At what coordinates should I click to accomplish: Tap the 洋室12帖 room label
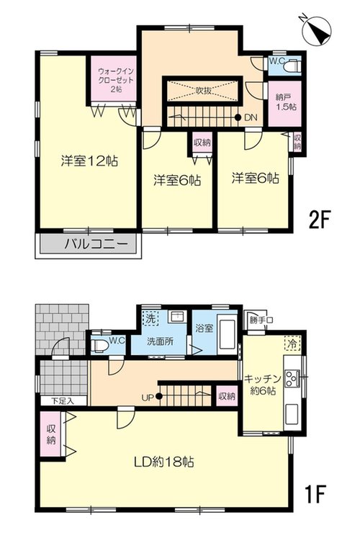pyautogui.click(x=89, y=161)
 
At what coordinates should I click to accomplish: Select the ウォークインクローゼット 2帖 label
pyautogui.click(x=116, y=80)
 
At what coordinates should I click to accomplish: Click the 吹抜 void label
pyautogui.click(x=203, y=91)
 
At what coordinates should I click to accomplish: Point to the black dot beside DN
pyautogui.click(x=238, y=117)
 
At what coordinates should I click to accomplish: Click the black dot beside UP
pyautogui.click(x=158, y=395)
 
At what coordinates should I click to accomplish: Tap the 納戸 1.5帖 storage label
pyautogui.click(x=286, y=102)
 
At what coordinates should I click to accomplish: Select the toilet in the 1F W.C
pyautogui.click(x=99, y=345)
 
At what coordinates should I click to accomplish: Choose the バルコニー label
pyautogui.click(x=97, y=244)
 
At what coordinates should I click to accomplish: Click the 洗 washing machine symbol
pyautogui.click(x=150, y=318)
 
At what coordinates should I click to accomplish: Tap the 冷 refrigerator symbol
pyautogui.click(x=292, y=343)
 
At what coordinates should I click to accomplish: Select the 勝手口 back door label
pyautogui.click(x=261, y=320)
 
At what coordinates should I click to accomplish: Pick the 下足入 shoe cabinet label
pyautogui.click(x=63, y=400)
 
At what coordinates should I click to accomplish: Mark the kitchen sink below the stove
pyautogui.click(x=292, y=413)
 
